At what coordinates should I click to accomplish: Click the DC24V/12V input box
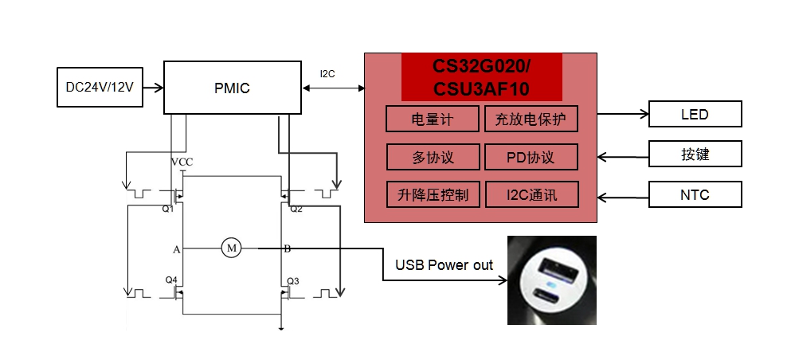[100, 88]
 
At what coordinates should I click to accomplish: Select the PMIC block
[232, 88]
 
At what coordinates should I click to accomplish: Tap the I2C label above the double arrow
[327, 74]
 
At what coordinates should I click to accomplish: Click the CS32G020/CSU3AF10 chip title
[481, 76]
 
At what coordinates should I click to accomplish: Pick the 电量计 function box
[433, 119]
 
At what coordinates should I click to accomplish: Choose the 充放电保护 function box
[531, 119]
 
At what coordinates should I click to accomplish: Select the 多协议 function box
[433, 157]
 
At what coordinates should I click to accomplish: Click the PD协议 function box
[531, 157]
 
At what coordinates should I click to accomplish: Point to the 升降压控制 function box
[433, 194]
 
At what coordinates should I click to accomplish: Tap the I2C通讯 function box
[531, 194]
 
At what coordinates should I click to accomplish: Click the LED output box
[695, 115]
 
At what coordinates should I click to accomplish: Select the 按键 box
[695, 155]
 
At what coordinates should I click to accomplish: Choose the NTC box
[695, 194]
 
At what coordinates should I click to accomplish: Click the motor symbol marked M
[232, 248]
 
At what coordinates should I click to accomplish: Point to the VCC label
[182, 162]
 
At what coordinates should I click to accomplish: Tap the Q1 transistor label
[167, 209]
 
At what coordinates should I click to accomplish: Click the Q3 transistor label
[293, 280]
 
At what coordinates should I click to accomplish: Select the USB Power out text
[444, 265]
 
